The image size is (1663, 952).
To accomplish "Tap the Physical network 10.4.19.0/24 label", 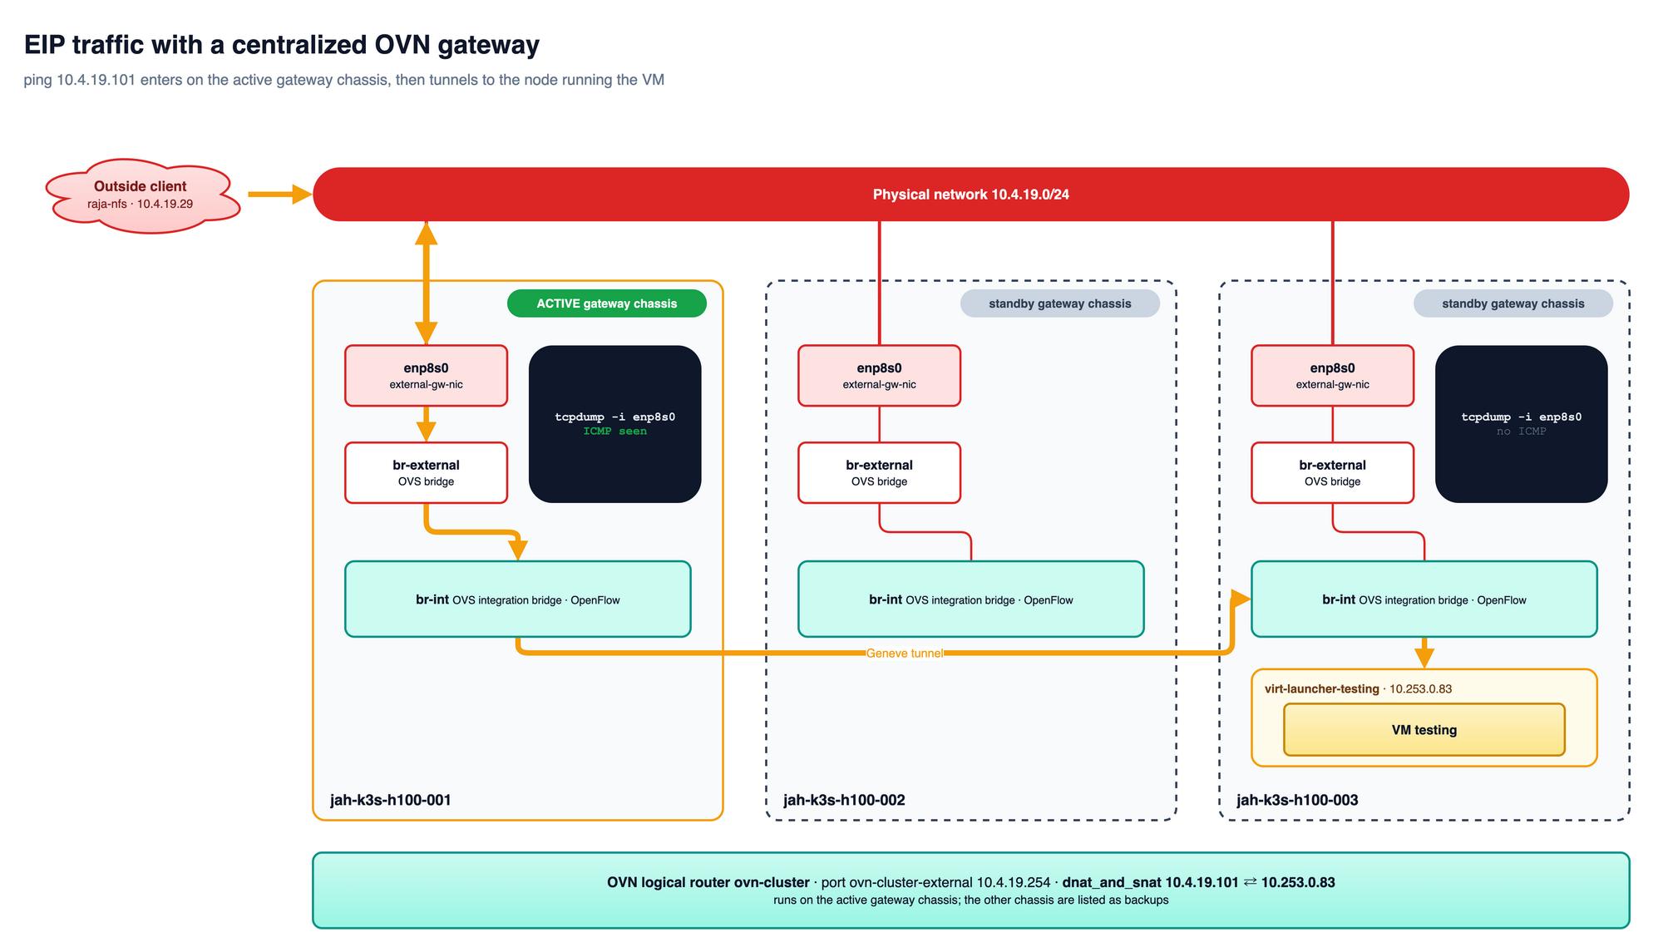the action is coord(970,195).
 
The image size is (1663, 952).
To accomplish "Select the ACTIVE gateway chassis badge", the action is coord(607,303).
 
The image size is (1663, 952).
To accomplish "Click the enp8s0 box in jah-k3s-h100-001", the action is coord(426,376).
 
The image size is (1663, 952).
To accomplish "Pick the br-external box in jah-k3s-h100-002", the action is coord(879,473).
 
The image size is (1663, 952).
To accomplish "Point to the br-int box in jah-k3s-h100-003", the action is coord(1424,599).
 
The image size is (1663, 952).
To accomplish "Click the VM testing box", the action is coord(1424,730).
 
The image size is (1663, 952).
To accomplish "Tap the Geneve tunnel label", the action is coord(905,654).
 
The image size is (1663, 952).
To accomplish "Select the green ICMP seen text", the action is coord(614,432).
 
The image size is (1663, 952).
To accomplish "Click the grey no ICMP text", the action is coord(1521,432).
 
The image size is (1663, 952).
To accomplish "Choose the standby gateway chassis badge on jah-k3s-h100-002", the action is coord(1059,303).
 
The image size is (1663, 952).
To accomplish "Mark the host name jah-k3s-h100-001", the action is coord(391,800).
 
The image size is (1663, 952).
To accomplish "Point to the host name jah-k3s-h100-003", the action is coord(1297,800).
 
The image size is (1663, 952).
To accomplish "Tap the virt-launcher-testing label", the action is coord(1322,688).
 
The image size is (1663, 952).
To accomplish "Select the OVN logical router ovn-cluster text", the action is coord(708,882).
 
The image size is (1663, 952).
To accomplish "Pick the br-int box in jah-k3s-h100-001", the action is coord(517,599).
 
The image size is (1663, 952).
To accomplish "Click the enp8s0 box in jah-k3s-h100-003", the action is coord(1332,376).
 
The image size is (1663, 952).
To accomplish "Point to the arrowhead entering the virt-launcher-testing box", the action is coord(1424,659).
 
